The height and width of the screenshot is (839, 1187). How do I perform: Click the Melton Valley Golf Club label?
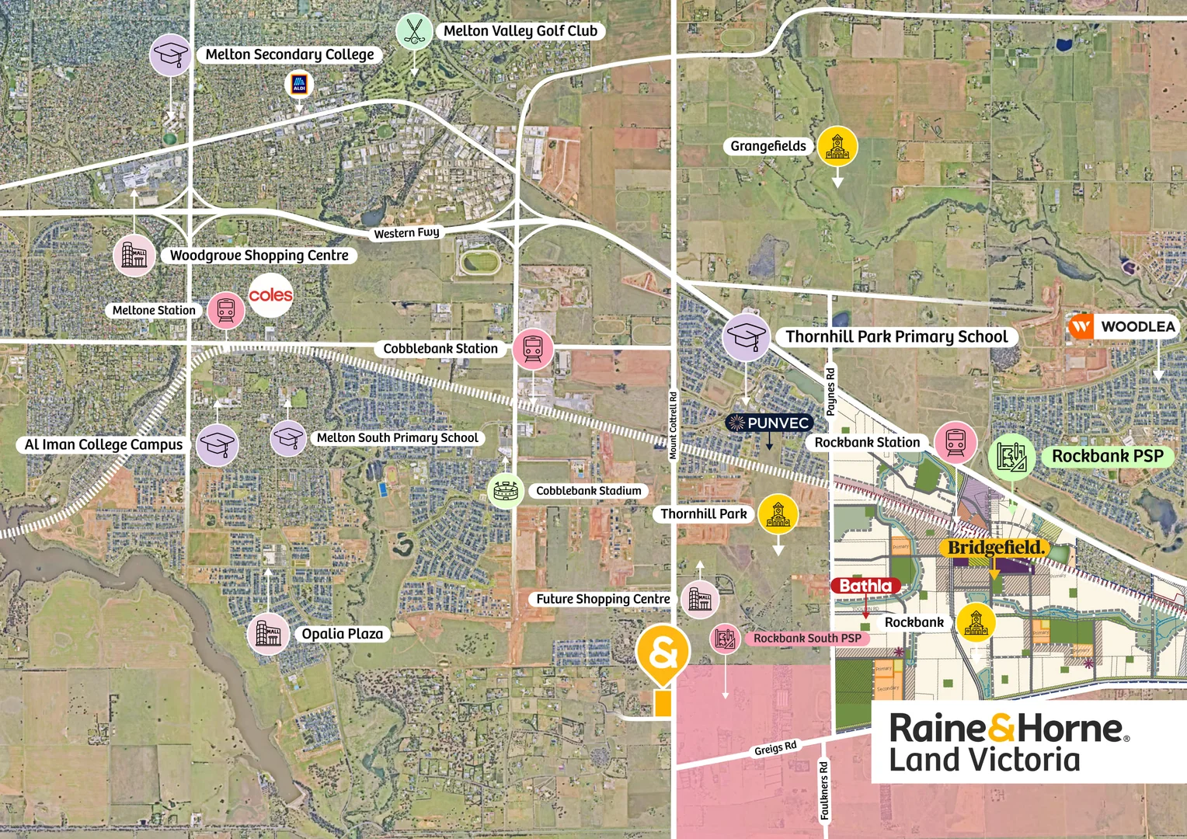coord(520,31)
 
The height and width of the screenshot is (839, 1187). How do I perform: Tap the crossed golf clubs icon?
coord(414,32)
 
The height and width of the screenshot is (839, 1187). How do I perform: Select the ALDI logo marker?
coord(299,84)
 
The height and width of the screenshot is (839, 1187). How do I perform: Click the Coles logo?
coord(270,295)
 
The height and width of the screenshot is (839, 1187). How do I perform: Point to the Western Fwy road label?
coord(406,232)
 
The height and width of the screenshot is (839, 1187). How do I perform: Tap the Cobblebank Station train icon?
coord(533,348)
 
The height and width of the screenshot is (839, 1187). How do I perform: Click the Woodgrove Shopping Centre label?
coord(259,256)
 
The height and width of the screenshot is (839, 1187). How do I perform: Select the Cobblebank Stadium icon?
coord(505,491)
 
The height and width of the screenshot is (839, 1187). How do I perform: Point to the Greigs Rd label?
coord(775,748)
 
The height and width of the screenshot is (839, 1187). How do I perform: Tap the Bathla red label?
coord(865,586)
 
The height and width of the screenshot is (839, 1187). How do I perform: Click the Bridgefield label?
coord(996,548)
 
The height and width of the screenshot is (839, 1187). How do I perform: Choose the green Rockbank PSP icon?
coord(1011,457)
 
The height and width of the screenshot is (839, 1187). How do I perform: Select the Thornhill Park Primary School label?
coord(896,336)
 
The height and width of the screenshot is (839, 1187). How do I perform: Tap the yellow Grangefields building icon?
coord(837,146)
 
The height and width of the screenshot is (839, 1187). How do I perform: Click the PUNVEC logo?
coord(768,423)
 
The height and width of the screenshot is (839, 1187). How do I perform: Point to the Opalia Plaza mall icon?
coord(268,634)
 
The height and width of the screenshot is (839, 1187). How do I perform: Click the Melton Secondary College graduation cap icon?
coord(170,54)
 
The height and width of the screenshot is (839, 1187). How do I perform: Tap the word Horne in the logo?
coord(1069,729)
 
